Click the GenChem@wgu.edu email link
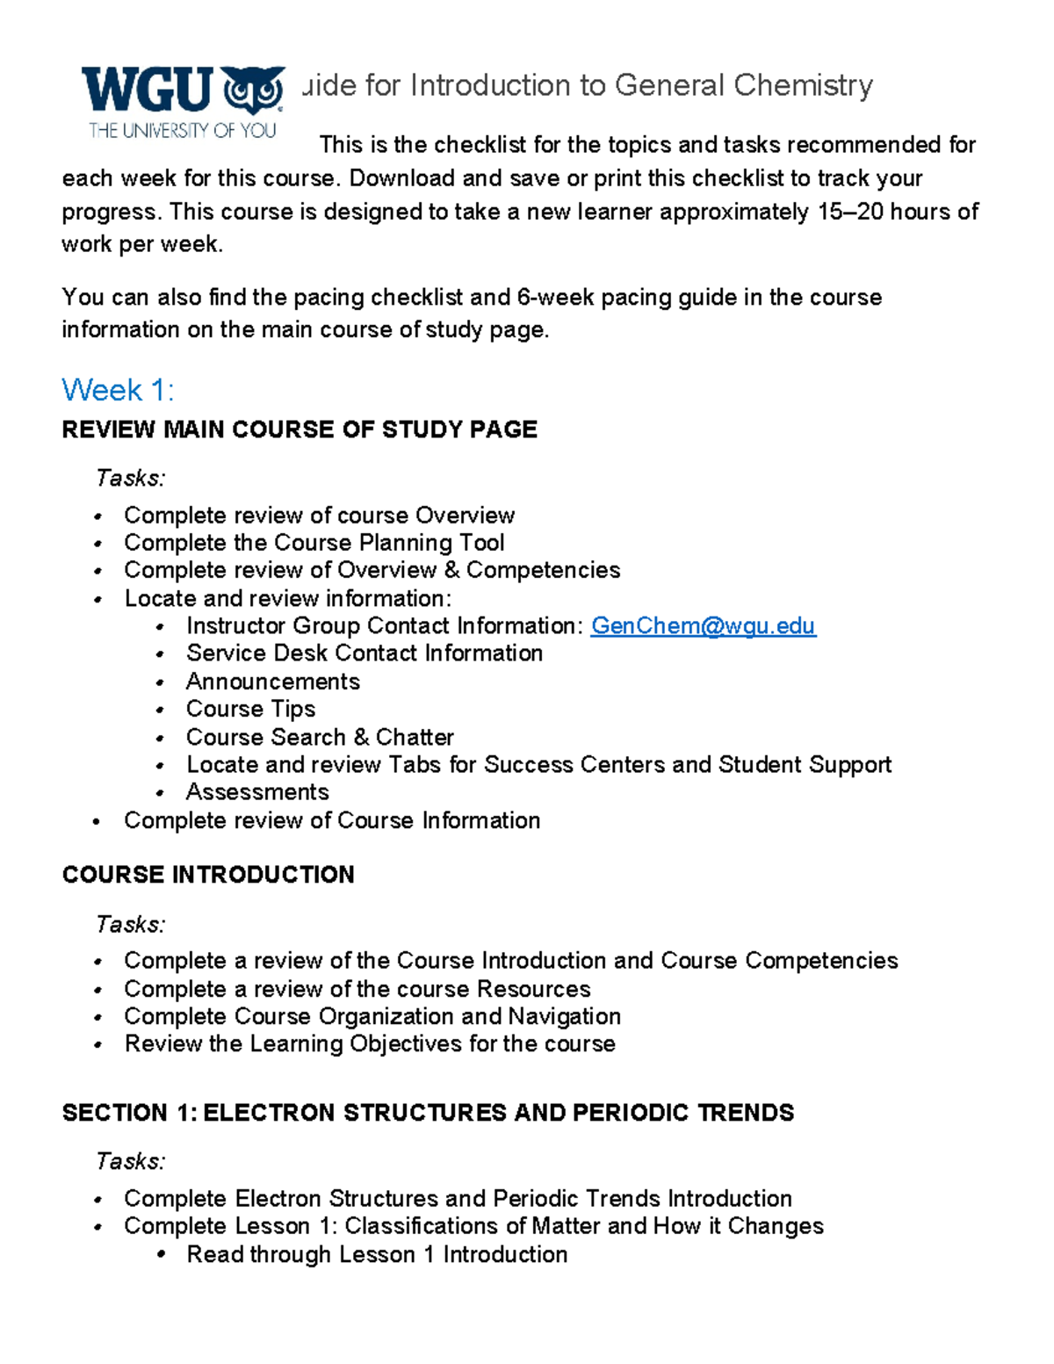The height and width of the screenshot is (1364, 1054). (703, 626)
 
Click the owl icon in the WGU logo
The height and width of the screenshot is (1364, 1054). (254, 90)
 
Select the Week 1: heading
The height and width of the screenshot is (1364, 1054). (118, 390)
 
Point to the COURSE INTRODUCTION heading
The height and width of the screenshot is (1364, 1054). (208, 875)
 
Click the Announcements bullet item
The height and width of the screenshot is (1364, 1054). (272, 682)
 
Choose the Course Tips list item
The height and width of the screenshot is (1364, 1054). (250, 709)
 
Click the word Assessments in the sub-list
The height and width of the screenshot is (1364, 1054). (257, 792)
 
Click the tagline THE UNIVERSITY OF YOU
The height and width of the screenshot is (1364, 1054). (182, 131)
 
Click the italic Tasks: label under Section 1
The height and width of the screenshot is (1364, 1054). (130, 1161)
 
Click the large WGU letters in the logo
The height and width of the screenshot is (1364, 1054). (147, 90)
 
